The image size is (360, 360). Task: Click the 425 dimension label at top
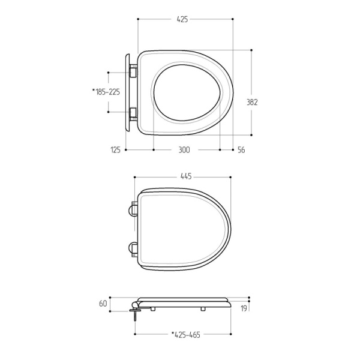[x=182, y=19]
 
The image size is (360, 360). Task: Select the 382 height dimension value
[x=252, y=102]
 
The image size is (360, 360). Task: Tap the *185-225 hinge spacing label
[x=106, y=92]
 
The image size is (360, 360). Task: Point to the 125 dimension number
[x=115, y=150]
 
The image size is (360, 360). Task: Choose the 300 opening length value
[x=184, y=150]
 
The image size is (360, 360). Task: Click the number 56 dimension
[x=241, y=150]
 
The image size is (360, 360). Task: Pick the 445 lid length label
[x=186, y=176]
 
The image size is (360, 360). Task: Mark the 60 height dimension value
[x=103, y=304]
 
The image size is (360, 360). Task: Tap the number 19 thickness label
[x=244, y=308]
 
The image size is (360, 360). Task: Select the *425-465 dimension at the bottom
[x=186, y=335]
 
